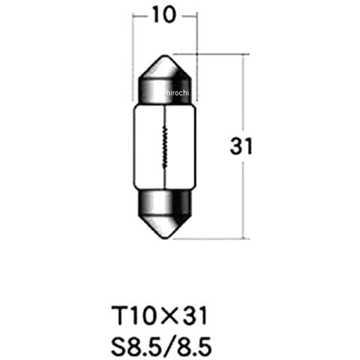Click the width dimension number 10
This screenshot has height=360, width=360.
pos(164,15)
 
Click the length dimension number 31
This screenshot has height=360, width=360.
pos(241,146)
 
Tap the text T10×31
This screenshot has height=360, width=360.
pos(160,316)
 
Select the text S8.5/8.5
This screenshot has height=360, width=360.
pos(161,346)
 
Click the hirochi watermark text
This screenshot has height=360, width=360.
pos(177,93)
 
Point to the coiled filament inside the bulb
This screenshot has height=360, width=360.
pos(165,147)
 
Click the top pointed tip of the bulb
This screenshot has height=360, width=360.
pos(165,55)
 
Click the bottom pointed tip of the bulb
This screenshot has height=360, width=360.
pos(165,238)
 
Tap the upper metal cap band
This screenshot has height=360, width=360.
pos(165,91)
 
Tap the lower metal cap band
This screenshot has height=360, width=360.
pos(165,203)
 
